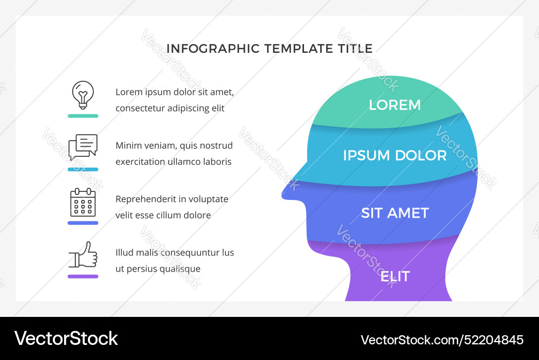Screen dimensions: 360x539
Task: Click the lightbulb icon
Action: pos(83,94)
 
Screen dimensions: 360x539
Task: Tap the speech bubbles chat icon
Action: pos(83,147)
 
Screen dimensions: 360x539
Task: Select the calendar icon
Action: pos(83,202)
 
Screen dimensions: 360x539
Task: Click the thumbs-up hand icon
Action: pos(83,255)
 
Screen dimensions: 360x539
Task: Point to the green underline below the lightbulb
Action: pos(83,116)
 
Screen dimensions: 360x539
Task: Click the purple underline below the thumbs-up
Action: pos(83,276)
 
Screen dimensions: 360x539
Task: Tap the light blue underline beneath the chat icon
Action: pos(83,169)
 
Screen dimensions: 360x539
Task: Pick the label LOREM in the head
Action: pos(395,105)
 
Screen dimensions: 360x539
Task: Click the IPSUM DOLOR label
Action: pos(395,156)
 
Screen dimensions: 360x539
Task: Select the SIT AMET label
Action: pos(395,213)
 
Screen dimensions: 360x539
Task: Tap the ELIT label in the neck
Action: pos(395,276)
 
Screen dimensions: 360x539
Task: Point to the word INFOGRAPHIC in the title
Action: pos(213,49)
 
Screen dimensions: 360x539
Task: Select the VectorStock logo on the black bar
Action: pos(66,338)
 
